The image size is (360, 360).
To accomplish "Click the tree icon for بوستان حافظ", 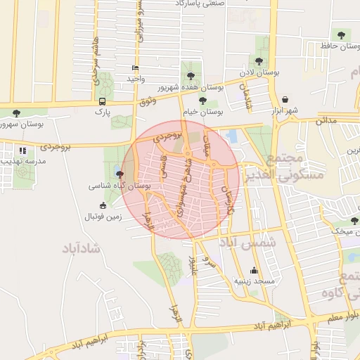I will tap(341, 34).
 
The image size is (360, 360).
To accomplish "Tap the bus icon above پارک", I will tap(103, 101).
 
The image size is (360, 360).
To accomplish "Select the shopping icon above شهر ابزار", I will tap(285, 100).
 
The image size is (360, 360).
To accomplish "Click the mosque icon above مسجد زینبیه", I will tap(254, 271).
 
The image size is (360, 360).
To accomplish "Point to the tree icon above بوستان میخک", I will tap(354, 221).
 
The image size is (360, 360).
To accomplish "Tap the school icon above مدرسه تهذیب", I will tap(23, 150).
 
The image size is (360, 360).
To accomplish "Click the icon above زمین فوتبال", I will tap(103, 206).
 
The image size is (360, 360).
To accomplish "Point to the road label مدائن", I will tap(326, 120).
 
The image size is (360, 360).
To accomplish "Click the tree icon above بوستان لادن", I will tap(259, 62).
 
